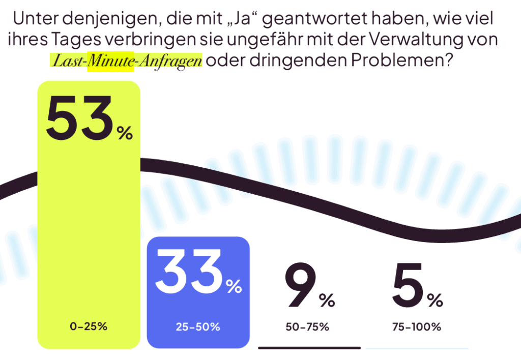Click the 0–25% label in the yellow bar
click(89, 326)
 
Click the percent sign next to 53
click(125, 134)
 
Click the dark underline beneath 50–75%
click(309, 348)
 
